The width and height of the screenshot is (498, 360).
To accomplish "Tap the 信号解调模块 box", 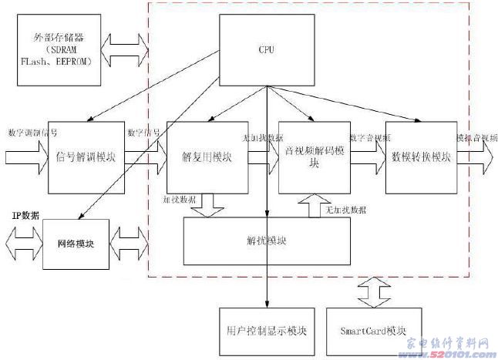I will pyautogui.click(x=86, y=157).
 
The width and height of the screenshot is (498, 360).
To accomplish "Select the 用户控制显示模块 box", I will pyautogui.click(x=261, y=331).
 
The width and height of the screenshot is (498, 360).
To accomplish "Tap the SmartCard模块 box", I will pyautogui.click(x=372, y=331).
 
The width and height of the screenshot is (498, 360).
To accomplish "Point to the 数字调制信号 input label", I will pyautogui.click(x=32, y=132).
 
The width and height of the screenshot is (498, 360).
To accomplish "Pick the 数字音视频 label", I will pyautogui.click(x=370, y=138).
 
